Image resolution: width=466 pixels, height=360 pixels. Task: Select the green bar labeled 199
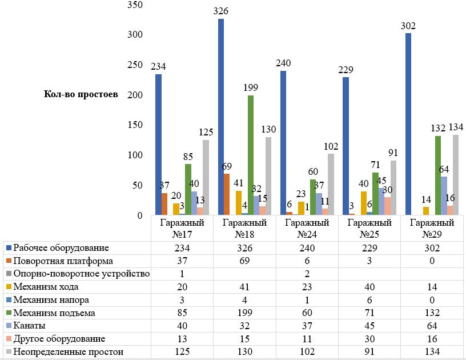[251, 155]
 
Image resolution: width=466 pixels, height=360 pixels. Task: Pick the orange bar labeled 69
[227, 194]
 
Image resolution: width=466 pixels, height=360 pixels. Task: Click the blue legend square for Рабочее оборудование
[8, 248]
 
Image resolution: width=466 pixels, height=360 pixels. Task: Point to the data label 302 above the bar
[408, 26]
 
